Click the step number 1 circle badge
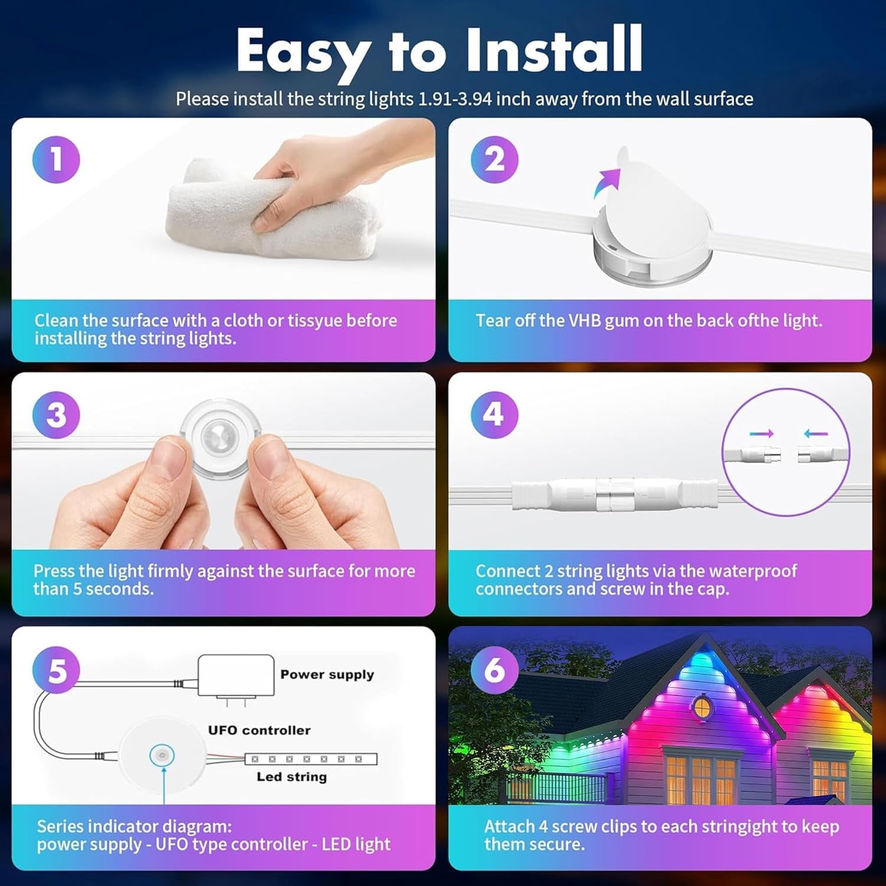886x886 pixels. coord(56,159)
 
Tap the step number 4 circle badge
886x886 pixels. coord(494,415)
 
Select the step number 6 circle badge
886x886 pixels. coord(494,669)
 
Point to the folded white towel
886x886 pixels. coord(272,219)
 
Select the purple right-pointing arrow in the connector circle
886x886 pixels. coord(761,434)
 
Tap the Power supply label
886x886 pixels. coord(327,675)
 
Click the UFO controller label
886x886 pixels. coord(259,730)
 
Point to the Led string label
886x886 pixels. coord(291,777)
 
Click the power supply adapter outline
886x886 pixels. coord(236,676)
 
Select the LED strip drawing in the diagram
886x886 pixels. coord(311,759)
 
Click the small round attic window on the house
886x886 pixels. coord(701,706)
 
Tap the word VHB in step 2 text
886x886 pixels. coord(584,321)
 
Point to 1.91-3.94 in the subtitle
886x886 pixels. coord(455,99)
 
